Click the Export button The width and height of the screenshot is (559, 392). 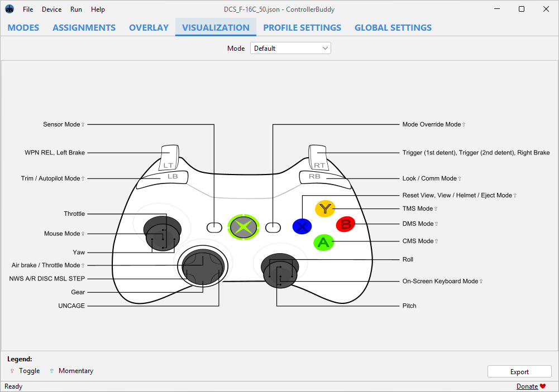519,372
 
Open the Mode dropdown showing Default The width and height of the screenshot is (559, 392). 290,49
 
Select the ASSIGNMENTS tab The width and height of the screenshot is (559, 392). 84,27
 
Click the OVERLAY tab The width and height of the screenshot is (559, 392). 149,27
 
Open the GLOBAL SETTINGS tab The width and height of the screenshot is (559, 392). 393,27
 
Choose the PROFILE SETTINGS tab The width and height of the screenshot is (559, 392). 302,27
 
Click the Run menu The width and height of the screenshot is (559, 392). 76,9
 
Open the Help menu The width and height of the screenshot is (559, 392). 98,9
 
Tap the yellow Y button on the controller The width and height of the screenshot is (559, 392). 324,209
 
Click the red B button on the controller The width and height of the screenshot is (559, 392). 345,225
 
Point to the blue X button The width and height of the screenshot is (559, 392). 302,226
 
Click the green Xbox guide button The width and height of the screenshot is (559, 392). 243,227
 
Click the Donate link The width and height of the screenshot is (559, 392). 527,386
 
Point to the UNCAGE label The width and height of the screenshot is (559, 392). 71,306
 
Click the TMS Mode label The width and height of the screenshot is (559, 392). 417,209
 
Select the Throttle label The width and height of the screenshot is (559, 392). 74,214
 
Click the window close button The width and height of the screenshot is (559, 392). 546,9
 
